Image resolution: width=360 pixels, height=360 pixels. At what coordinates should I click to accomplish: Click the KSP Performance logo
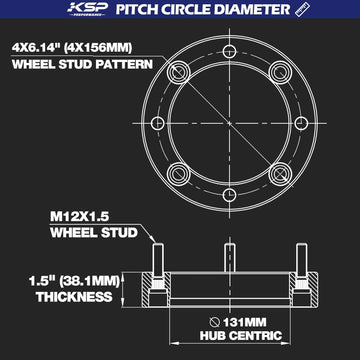click(x=88, y=9)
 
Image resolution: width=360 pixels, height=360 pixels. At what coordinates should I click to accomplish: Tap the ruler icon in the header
click(x=303, y=9)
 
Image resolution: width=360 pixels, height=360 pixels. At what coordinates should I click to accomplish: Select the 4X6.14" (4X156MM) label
click(x=72, y=48)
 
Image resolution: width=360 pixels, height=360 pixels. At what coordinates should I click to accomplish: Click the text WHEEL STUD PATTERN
click(x=82, y=64)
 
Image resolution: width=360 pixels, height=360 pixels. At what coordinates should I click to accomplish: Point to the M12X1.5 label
click(x=80, y=217)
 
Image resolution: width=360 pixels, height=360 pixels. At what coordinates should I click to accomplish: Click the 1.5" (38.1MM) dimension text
click(x=74, y=281)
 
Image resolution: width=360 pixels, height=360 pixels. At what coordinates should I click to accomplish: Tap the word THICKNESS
click(x=74, y=297)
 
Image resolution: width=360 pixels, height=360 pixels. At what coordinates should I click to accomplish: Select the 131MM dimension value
click(x=244, y=322)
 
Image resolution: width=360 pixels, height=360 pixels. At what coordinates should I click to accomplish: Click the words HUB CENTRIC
click(x=241, y=336)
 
